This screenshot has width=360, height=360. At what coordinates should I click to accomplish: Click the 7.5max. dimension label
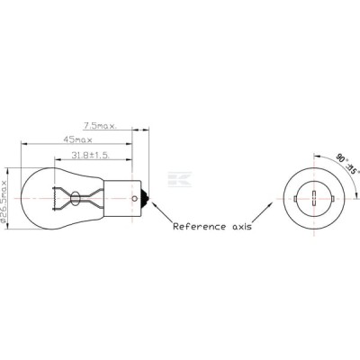pos(100,126)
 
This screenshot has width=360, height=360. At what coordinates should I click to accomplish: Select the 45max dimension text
pos(77,139)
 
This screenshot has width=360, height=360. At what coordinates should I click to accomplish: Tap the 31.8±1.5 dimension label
pos(90,155)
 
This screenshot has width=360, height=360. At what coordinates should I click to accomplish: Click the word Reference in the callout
pos(199,226)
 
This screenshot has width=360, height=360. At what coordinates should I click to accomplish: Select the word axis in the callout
pos(242,227)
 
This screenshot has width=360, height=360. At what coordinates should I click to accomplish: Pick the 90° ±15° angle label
pos(347,164)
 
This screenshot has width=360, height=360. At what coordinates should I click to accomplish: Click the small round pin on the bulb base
pos(135,198)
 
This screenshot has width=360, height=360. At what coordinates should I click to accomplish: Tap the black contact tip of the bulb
pos(146,198)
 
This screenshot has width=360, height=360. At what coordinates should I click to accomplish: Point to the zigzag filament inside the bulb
pos(54,198)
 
